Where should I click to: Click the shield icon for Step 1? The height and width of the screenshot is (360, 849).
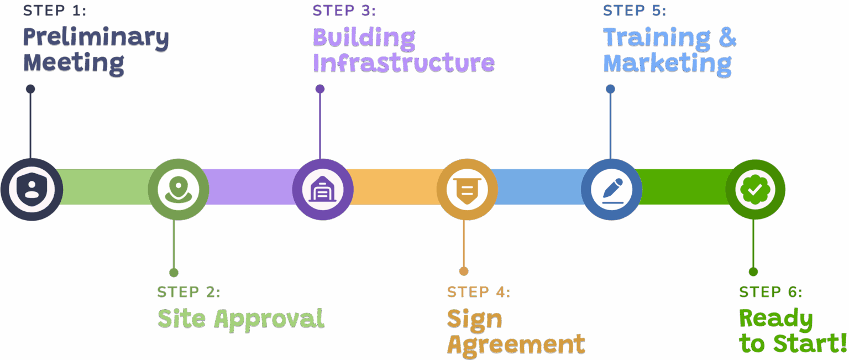click(31, 189)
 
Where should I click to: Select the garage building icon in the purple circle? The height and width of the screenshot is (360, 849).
click(322, 189)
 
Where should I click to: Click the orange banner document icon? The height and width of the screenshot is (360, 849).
click(467, 189)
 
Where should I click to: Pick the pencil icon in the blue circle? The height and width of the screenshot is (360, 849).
click(611, 189)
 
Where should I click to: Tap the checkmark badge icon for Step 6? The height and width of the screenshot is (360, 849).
click(755, 190)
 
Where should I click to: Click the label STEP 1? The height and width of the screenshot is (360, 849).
click(55, 11)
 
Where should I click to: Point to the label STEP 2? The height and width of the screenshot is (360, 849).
click(188, 291)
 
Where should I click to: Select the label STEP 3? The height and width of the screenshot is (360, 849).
click(344, 11)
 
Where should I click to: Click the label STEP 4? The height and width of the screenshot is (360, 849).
click(479, 291)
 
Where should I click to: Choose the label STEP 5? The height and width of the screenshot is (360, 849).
click(635, 11)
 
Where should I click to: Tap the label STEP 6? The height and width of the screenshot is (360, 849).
click(770, 291)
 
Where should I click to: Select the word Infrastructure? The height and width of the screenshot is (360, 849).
click(403, 63)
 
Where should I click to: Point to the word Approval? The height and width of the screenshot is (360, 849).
click(269, 319)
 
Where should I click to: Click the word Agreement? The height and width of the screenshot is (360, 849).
click(516, 345)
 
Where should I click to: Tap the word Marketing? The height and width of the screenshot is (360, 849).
click(667, 63)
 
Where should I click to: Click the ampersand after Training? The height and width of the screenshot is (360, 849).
click(727, 37)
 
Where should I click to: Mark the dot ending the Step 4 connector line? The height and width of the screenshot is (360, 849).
click(464, 271)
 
